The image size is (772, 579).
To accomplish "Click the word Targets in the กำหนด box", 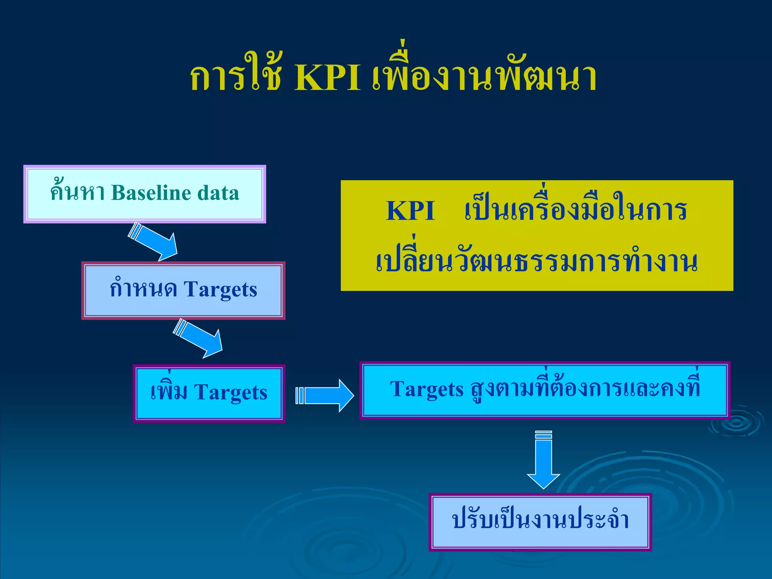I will [220, 290].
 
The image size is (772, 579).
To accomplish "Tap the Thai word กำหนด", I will [143, 290].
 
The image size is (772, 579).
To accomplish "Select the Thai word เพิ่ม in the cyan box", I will [168, 392].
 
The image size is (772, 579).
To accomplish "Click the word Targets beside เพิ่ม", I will [230, 393].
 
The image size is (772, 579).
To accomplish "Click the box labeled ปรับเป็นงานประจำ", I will [540, 522].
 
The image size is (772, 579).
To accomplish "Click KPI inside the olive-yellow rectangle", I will [411, 211].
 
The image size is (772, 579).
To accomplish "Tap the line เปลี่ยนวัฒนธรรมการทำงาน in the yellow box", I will [537, 262].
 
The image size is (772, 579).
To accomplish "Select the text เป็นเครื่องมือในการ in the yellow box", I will [575, 211].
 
